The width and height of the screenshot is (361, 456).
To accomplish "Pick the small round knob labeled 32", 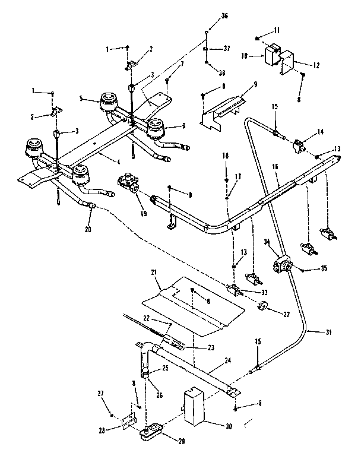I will (x=262, y=306).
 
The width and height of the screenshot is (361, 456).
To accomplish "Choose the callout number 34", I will (x=267, y=242).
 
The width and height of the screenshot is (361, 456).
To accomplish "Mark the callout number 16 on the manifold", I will (x=275, y=168).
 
